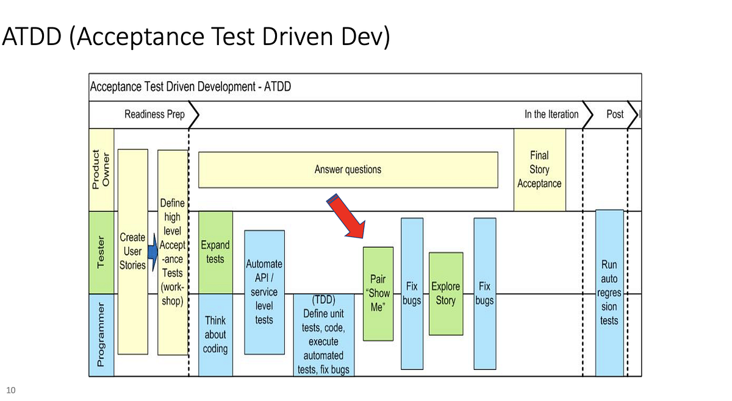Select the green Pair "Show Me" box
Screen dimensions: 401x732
378,294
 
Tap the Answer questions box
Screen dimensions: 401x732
348,169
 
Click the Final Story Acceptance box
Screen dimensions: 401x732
539,169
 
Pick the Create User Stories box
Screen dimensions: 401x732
132,251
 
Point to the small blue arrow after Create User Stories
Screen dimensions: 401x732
152,251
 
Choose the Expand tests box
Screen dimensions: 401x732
215,252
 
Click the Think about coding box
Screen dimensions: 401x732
215,335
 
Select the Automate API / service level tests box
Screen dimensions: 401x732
264,292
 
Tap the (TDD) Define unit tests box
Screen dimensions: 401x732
323,335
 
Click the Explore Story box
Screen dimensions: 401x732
446,293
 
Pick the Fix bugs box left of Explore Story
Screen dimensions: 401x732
412,293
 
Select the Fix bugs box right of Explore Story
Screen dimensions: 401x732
484,293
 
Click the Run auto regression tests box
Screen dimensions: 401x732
609,293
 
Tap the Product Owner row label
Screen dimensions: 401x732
101,169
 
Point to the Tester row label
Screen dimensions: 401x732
101,252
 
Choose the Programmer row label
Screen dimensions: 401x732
101,335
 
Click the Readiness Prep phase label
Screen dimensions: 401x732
154,114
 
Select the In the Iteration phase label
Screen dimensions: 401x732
551,114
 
